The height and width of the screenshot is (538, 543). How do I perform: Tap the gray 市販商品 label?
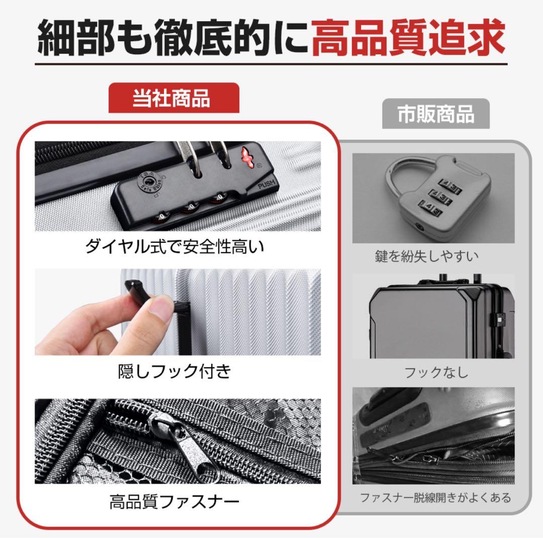[435, 114]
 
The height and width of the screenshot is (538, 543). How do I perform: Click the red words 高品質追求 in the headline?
[407, 38]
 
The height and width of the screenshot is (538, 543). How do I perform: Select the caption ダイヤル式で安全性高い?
[174, 247]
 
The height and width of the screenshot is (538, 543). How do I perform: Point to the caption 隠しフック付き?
[174, 371]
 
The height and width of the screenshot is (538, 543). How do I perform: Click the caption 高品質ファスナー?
[174, 501]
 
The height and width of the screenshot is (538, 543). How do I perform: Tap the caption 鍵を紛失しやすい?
[426, 256]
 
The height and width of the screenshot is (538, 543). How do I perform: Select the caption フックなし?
[436, 373]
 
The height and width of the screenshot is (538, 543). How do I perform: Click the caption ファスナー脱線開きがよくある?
[435, 498]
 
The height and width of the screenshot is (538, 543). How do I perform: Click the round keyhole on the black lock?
[149, 180]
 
